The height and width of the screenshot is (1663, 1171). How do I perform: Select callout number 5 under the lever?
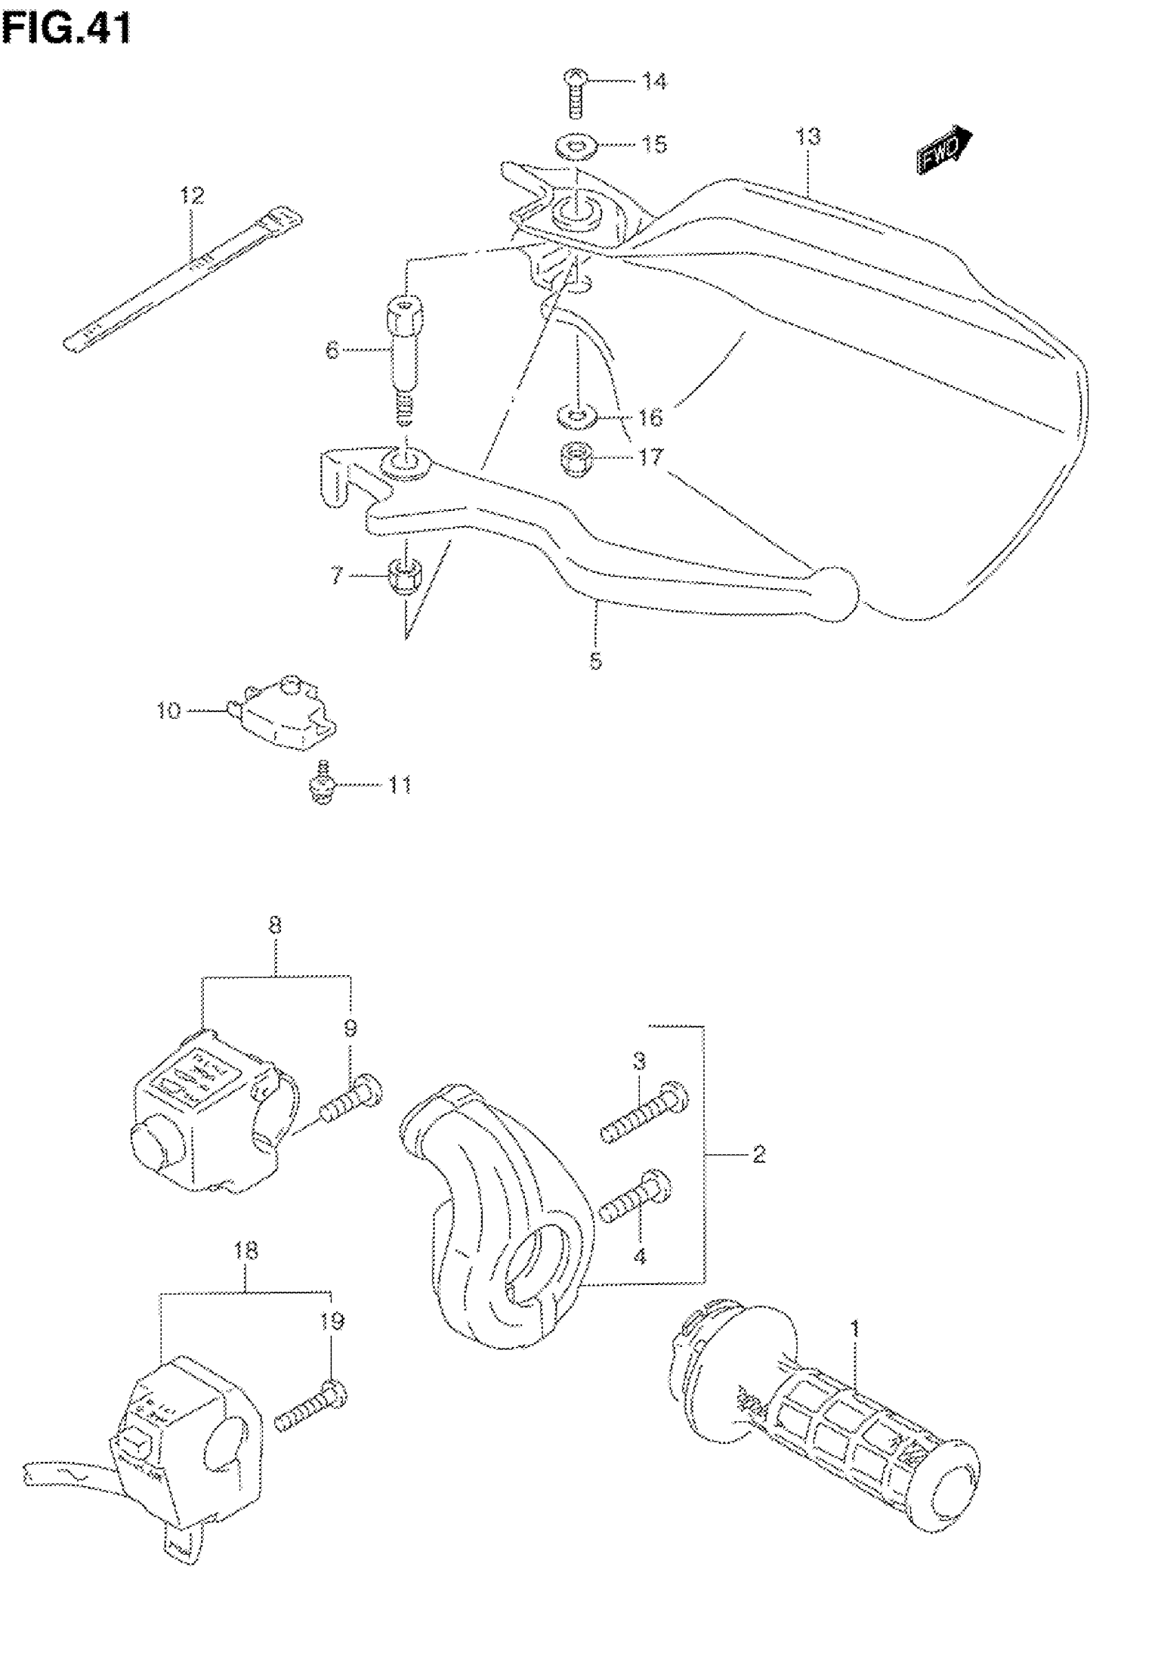[x=595, y=660]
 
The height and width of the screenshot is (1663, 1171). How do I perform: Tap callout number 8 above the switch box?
[x=275, y=925]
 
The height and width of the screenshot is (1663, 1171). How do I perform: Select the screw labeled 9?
[x=351, y=1114]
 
